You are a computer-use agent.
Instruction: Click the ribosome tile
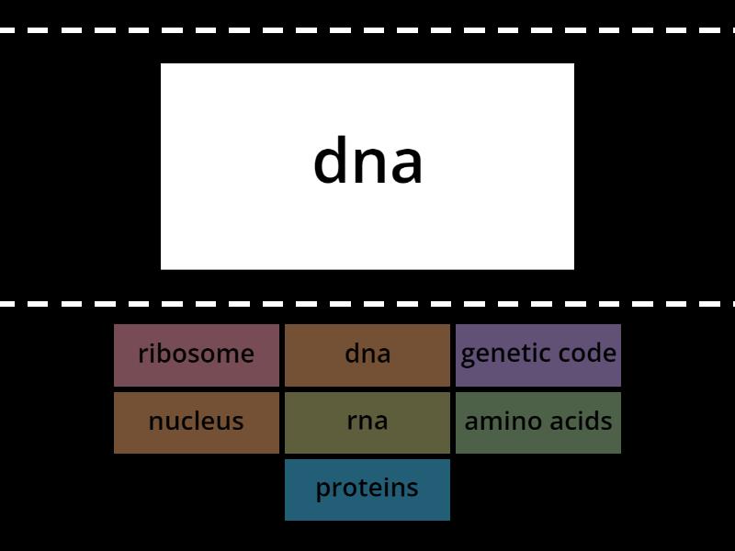click(197, 354)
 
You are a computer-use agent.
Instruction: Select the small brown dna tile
click(367, 354)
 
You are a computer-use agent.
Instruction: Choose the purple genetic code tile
click(538, 354)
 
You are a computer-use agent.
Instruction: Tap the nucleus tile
click(197, 422)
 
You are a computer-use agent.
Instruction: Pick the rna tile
click(367, 422)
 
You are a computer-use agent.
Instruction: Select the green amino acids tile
click(538, 422)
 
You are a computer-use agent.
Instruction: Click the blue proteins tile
click(367, 489)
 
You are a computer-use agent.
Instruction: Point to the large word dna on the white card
click(367, 163)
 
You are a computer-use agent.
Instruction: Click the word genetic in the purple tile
click(501, 354)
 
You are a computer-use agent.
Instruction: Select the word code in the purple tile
click(585, 354)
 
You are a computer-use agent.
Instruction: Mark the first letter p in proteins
click(322, 490)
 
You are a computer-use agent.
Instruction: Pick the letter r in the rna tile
click(352, 422)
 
